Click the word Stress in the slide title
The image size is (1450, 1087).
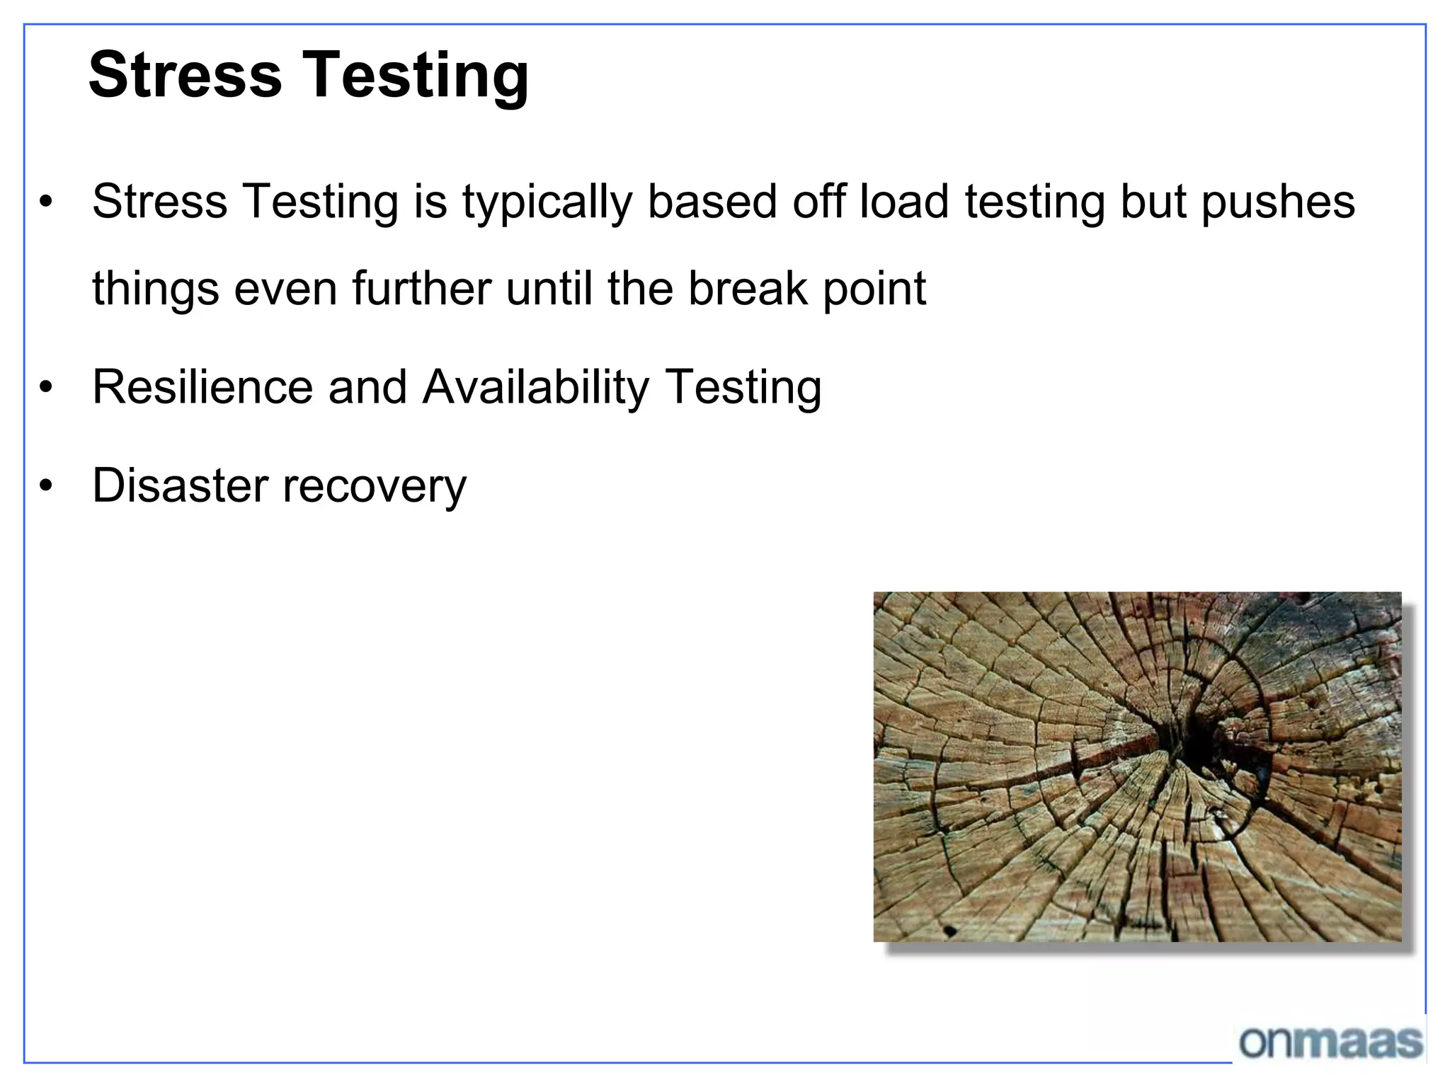(x=185, y=75)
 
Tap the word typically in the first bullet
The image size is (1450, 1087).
(x=547, y=202)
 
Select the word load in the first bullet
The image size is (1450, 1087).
(x=903, y=201)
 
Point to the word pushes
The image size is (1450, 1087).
(x=1278, y=202)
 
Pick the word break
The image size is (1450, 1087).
(x=748, y=289)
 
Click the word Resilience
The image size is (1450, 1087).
(x=202, y=387)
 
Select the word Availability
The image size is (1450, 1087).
(x=535, y=389)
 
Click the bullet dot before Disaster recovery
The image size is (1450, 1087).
(x=47, y=486)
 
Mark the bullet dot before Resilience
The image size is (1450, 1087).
(x=47, y=388)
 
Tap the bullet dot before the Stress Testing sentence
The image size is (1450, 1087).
(x=47, y=202)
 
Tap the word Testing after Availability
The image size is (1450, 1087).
(x=744, y=389)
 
